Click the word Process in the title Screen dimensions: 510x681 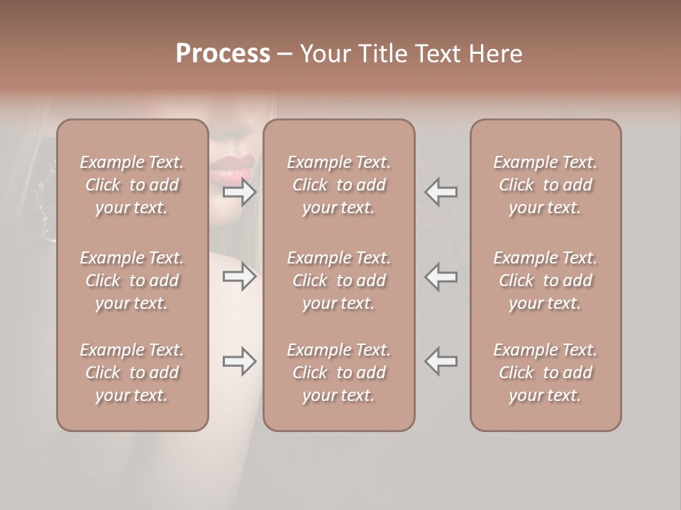[x=223, y=54]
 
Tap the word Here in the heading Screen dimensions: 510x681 [x=497, y=54]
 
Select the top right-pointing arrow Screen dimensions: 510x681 [x=240, y=192]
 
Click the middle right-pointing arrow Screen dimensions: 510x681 [x=240, y=276]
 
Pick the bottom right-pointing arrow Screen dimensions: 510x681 [x=240, y=361]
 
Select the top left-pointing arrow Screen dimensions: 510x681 [x=441, y=192]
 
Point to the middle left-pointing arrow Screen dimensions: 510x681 [x=441, y=276]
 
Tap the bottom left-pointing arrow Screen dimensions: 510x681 [x=441, y=361]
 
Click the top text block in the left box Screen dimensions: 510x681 [x=132, y=185]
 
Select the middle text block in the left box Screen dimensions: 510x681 [x=132, y=280]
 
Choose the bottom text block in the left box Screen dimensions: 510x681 [x=132, y=373]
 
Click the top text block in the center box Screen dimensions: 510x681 [x=339, y=185]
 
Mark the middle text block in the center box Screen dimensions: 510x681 [x=339, y=280]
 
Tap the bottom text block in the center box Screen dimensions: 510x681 [x=339, y=373]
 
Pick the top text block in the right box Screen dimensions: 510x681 [x=546, y=185]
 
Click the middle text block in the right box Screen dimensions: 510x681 [x=546, y=280]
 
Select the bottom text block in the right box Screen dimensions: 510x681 [x=546, y=373]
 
